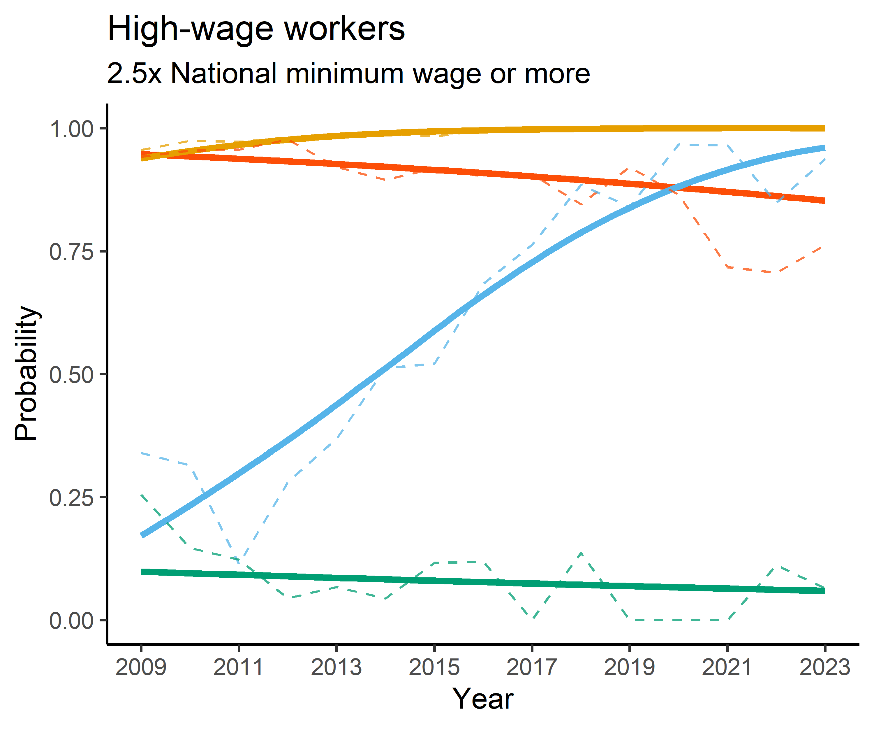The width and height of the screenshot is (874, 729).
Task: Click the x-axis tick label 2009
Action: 141,667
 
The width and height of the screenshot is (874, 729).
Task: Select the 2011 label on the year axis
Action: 239,667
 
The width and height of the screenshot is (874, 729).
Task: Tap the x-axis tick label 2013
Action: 336,667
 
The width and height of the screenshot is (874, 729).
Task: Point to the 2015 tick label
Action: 434,667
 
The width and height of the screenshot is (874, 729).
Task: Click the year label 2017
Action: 532,667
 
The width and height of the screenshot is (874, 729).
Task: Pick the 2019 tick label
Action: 629,667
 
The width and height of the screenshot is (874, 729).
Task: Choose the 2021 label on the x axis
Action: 727,667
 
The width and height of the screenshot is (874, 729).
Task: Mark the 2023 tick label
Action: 824,667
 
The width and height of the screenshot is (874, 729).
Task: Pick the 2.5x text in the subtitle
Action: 134,74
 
